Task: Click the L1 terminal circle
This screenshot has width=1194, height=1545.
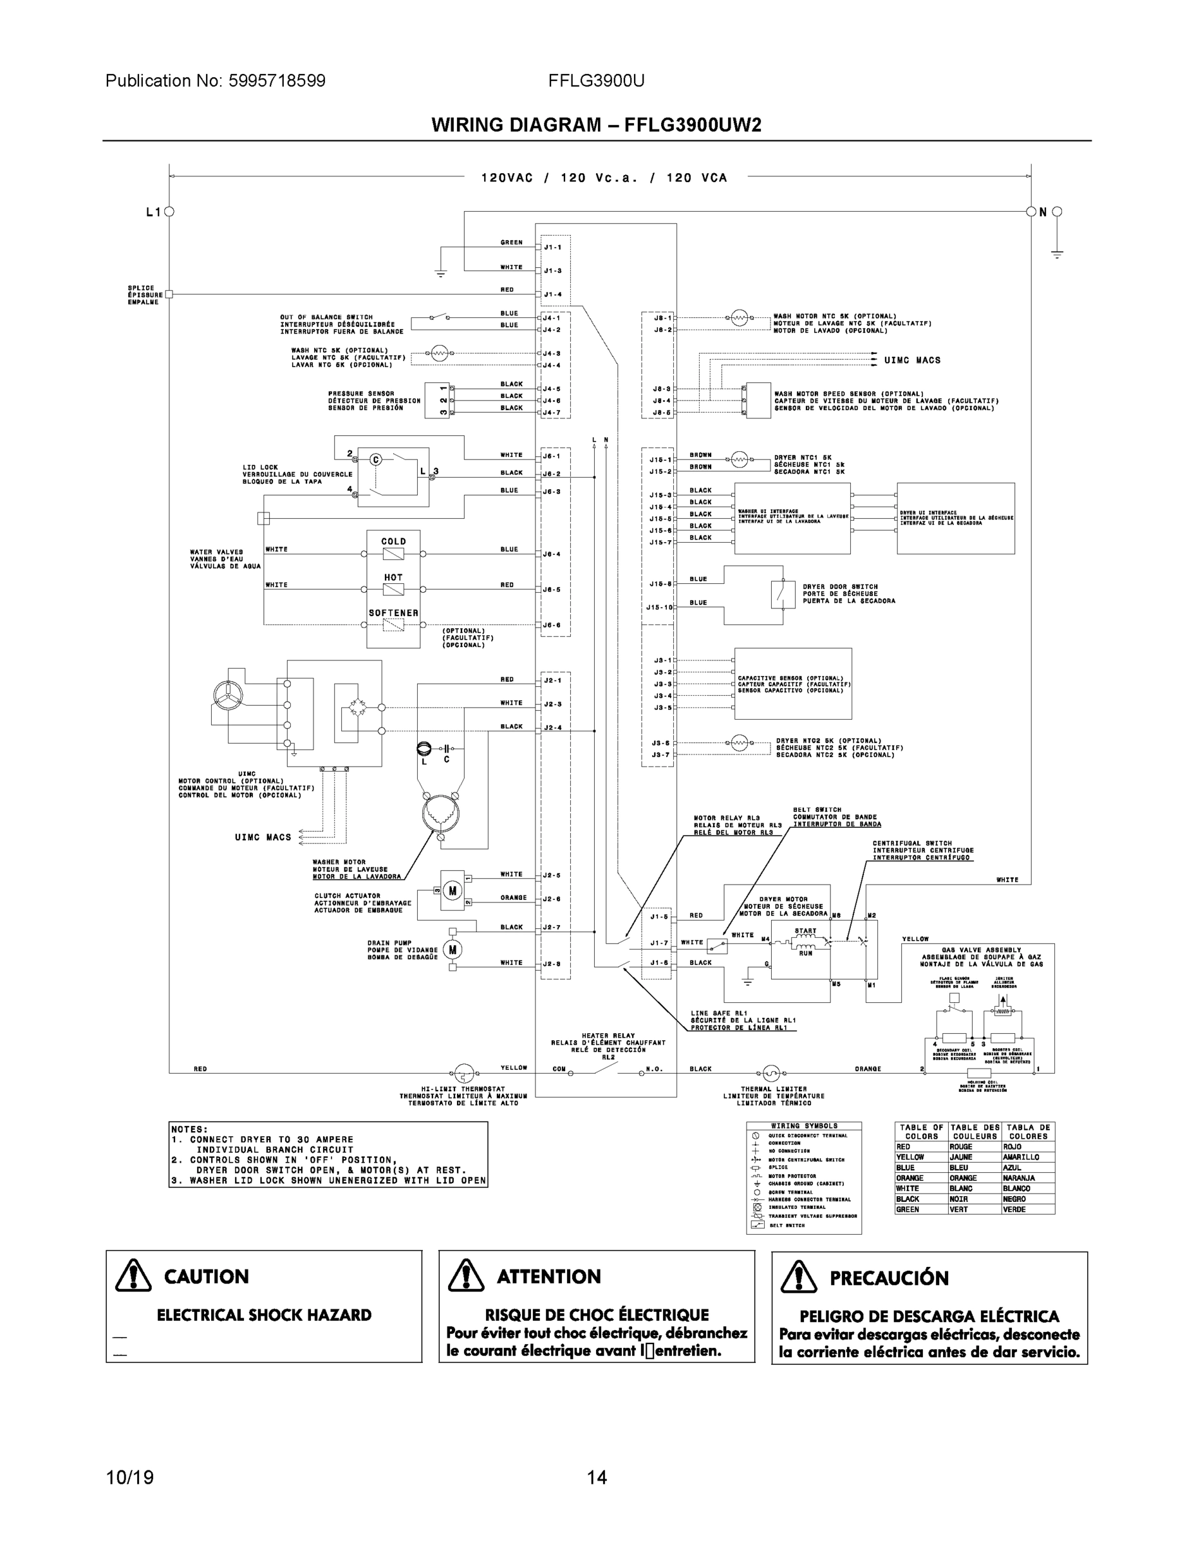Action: (169, 212)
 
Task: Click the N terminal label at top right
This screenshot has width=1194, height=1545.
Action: (1043, 212)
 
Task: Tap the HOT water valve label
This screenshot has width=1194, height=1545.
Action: (393, 577)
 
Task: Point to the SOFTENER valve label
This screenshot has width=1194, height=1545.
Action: (393, 613)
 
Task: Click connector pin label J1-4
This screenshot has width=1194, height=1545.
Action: (552, 294)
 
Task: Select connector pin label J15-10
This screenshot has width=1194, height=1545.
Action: (658, 608)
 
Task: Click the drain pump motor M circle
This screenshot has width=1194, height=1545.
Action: (452, 949)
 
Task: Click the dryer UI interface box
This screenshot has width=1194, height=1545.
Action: (956, 518)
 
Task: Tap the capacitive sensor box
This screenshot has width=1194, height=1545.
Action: (793, 684)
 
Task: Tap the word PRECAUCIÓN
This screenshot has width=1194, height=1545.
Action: (889, 1278)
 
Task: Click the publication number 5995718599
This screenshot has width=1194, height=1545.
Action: (277, 80)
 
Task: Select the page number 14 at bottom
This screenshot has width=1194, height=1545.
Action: (596, 1478)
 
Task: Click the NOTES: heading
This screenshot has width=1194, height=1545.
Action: (190, 1130)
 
